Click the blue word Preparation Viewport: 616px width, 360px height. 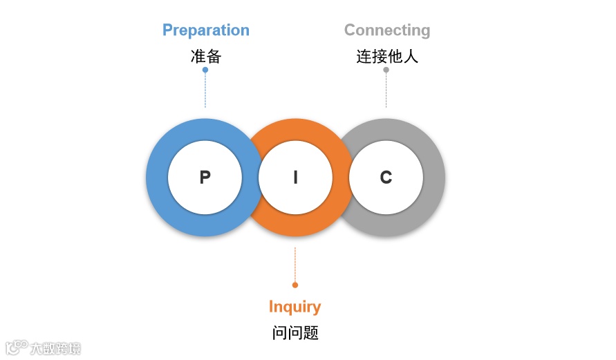[205, 30]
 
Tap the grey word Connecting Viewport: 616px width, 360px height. [386, 30]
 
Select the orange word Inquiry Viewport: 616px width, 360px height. [295, 307]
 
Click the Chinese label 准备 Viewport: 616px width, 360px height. [205, 57]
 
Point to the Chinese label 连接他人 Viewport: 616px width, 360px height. [387, 57]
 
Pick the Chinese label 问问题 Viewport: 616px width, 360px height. [295, 333]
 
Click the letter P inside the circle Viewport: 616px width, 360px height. [205, 178]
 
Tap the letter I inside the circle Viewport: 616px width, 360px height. [295, 178]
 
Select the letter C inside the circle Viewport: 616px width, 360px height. [386, 178]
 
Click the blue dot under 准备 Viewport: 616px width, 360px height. [205, 70]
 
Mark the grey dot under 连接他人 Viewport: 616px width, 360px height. [386, 70]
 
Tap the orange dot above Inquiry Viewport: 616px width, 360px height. [295, 285]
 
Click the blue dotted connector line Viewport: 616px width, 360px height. [205, 90]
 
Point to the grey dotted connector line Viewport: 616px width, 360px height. [386, 90]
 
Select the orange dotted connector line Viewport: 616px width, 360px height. [295, 266]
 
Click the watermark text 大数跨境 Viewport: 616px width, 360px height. [55, 348]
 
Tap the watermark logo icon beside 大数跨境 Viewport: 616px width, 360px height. [16, 347]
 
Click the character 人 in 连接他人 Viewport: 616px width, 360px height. [411, 57]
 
